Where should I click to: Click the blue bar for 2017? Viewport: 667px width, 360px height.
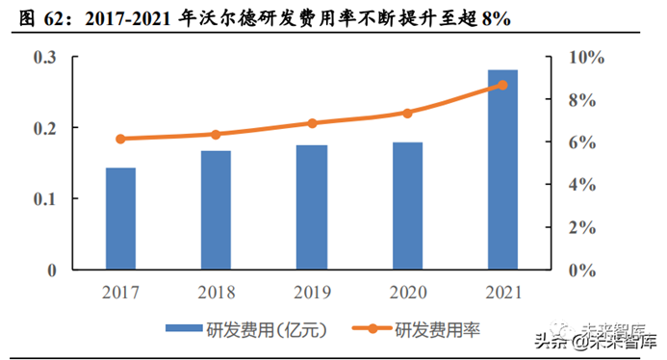pyautogui.click(x=120, y=219)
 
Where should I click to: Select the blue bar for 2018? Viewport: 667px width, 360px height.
pyautogui.click(x=216, y=210)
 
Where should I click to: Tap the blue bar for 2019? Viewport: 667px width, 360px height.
pyautogui.click(x=311, y=207)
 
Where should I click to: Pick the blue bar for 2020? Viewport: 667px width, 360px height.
pyautogui.click(x=407, y=206)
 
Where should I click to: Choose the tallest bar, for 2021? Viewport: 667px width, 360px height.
pyautogui.click(x=502, y=169)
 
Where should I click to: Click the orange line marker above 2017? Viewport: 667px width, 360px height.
pyautogui.click(x=120, y=139)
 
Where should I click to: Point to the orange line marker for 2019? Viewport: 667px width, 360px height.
pyautogui.click(x=311, y=123)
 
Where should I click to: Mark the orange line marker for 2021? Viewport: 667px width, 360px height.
pyautogui.click(x=502, y=85)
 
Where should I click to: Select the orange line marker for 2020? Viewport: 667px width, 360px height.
pyautogui.click(x=407, y=113)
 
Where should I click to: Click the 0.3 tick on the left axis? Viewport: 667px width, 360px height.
pyautogui.click(x=47, y=58)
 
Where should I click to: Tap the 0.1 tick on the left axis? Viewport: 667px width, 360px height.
pyautogui.click(x=47, y=199)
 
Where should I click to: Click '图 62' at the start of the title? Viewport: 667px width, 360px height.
pyautogui.click(x=28, y=17)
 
